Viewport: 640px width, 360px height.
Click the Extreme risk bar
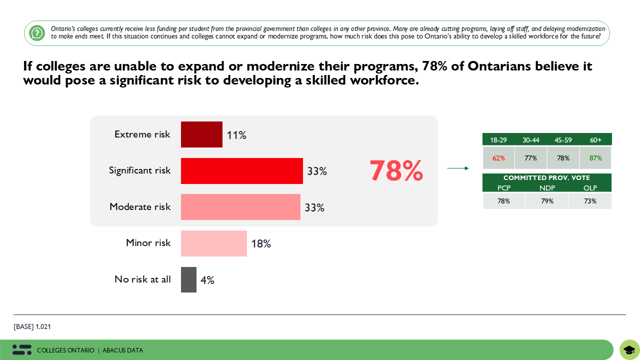(x=201, y=134)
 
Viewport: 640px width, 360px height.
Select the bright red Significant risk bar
(x=242, y=171)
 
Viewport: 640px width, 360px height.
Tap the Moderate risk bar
(x=240, y=207)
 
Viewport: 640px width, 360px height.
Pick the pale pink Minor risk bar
(x=214, y=243)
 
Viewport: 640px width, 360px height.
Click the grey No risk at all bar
(x=188, y=279)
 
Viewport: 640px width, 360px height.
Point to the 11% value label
(x=236, y=135)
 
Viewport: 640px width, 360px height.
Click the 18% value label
(x=261, y=244)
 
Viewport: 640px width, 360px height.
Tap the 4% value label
(x=207, y=280)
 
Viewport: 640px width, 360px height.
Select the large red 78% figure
(x=396, y=171)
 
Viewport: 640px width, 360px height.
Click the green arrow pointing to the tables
(x=458, y=168)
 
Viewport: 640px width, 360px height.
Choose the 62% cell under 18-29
(x=498, y=158)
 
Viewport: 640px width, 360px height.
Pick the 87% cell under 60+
(x=595, y=158)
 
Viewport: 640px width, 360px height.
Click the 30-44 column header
(x=531, y=140)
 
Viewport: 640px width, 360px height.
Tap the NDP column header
(x=547, y=188)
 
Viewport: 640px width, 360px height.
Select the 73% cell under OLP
(x=590, y=201)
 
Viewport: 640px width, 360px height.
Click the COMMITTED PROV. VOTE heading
(x=546, y=178)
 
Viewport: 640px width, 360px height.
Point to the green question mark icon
(x=37, y=33)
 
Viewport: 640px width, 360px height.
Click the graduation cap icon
(x=629, y=349)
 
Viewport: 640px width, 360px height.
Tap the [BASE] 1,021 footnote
(x=32, y=327)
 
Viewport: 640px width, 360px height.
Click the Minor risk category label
(x=148, y=243)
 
